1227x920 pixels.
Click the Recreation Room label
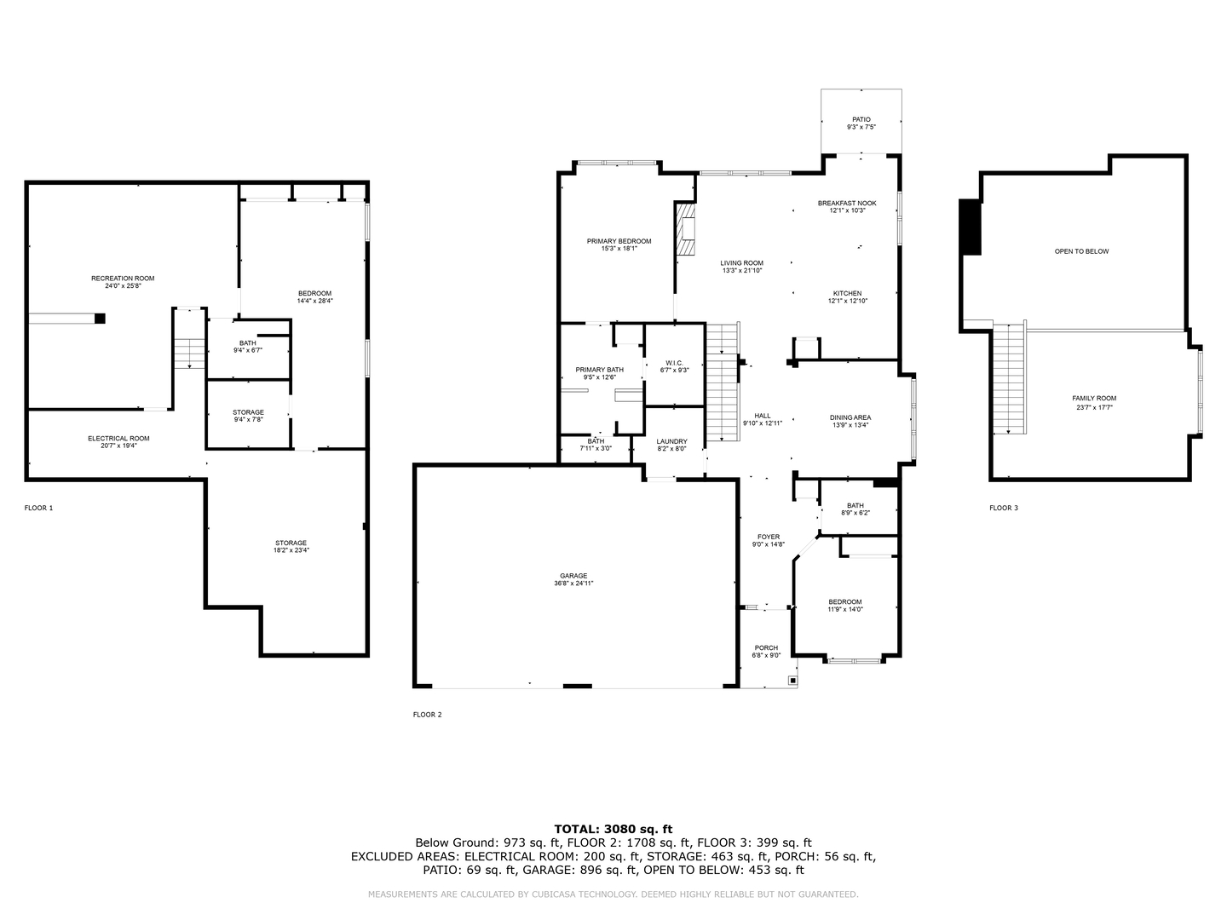click(x=124, y=279)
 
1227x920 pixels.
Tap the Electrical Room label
click(x=118, y=439)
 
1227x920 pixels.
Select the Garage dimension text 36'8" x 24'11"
click(x=573, y=584)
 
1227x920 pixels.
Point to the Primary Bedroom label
click(x=619, y=241)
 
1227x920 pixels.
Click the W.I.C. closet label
click(x=674, y=363)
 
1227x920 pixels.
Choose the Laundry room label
click(x=671, y=441)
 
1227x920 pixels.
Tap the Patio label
click(x=861, y=119)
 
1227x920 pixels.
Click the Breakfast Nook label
click(x=847, y=203)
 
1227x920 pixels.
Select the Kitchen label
click(x=847, y=293)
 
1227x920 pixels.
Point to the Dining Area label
click(x=850, y=417)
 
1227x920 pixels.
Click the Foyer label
click(x=769, y=537)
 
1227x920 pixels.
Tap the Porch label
click(x=766, y=648)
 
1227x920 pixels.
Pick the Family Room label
click(x=1094, y=398)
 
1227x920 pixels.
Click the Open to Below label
click(x=1081, y=251)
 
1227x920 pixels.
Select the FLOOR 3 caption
click(x=1003, y=508)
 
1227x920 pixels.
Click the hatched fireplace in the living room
click(x=686, y=230)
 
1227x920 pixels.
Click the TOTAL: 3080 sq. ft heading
click(x=613, y=828)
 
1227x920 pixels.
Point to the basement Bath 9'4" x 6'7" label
click(x=247, y=343)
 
